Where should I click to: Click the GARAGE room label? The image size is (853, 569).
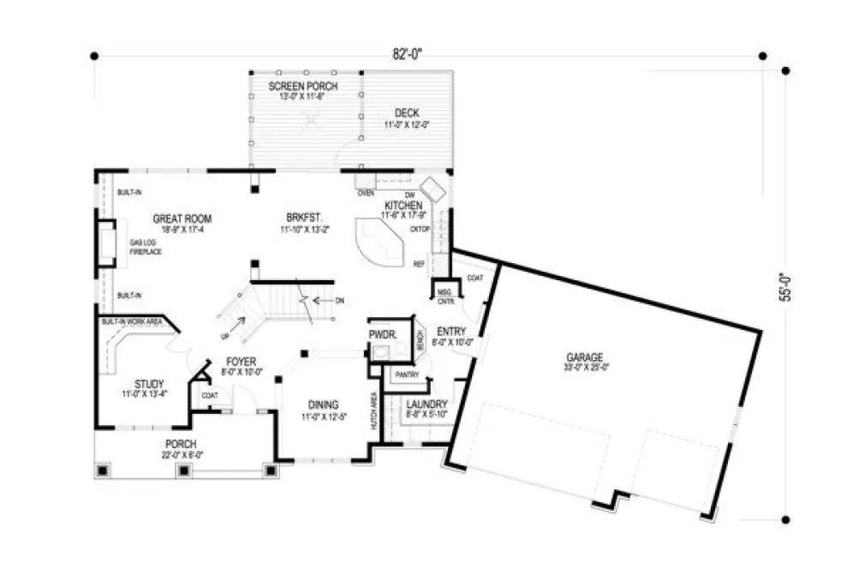click(584, 357)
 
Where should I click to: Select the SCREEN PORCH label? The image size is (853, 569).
click(302, 87)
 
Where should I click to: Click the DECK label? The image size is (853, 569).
click(406, 113)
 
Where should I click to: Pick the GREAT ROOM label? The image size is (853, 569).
click(182, 219)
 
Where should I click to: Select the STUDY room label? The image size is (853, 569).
click(149, 383)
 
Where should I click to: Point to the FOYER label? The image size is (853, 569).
click(242, 362)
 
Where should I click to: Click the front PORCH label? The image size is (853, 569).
click(182, 443)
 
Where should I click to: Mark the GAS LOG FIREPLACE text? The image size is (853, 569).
click(146, 248)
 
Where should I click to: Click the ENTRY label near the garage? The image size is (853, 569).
click(450, 331)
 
